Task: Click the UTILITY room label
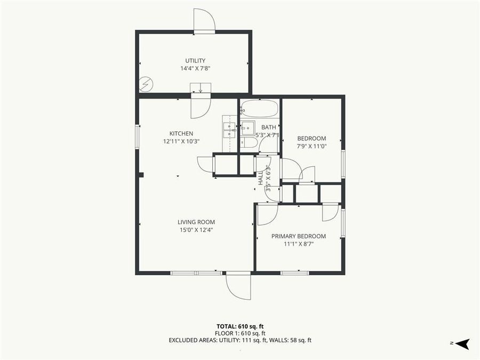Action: tap(195, 61)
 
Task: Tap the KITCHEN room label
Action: tap(181, 133)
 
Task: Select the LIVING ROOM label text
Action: tap(196, 222)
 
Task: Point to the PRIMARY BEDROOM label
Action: tap(299, 236)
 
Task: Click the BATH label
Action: tap(268, 127)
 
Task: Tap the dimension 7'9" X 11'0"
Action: tap(311, 146)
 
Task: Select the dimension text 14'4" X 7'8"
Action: tap(195, 68)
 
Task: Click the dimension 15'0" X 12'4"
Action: tap(196, 230)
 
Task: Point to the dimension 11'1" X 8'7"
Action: tap(299, 244)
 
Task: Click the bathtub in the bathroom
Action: tap(259, 109)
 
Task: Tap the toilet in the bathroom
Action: tap(248, 143)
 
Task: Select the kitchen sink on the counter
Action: tap(229, 128)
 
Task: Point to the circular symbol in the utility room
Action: tap(146, 83)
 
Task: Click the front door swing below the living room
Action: tap(238, 286)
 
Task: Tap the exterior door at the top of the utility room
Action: tap(204, 21)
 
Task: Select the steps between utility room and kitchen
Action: tap(201, 88)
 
